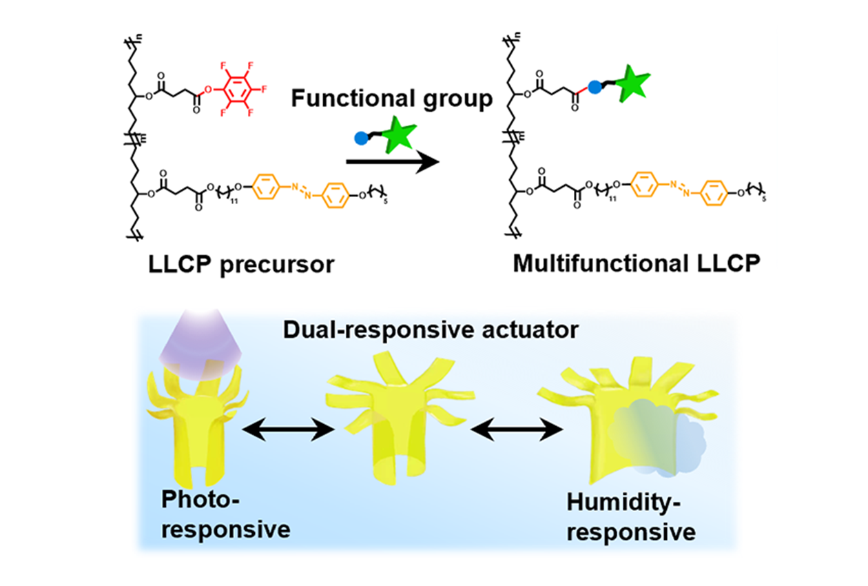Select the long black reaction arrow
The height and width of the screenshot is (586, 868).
point(392,162)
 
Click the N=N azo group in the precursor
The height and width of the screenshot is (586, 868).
point(298,190)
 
